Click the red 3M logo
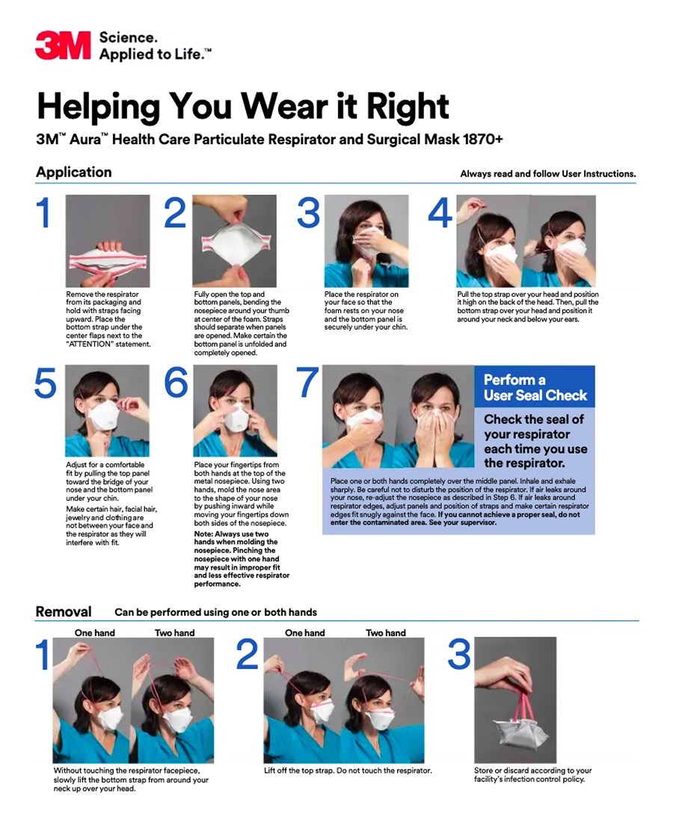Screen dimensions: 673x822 tap(63, 46)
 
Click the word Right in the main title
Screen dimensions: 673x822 tap(408, 107)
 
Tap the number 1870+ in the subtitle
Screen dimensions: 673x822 tap(483, 139)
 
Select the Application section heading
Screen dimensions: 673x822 tap(73, 173)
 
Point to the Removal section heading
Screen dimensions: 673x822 tap(64, 611)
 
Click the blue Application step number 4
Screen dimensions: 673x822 tap(440, 213)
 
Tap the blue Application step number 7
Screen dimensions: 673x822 tap(307, 382)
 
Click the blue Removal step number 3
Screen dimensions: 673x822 tap(459, 655)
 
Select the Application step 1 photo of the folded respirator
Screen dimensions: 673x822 tap(108, 241)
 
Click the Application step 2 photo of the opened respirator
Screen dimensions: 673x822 tap(235, 241)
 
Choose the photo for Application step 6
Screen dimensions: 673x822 tap(235, 411)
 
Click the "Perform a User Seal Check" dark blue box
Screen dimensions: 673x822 tap(535, 387)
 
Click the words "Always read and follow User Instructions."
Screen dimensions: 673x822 tap(547, 173)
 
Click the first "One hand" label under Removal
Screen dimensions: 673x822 tap(94, 633)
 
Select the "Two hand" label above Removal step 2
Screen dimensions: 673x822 tap(386, 633)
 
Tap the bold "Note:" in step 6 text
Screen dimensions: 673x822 tap(203, 534)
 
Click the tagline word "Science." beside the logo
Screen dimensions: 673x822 tap(128, 38)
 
